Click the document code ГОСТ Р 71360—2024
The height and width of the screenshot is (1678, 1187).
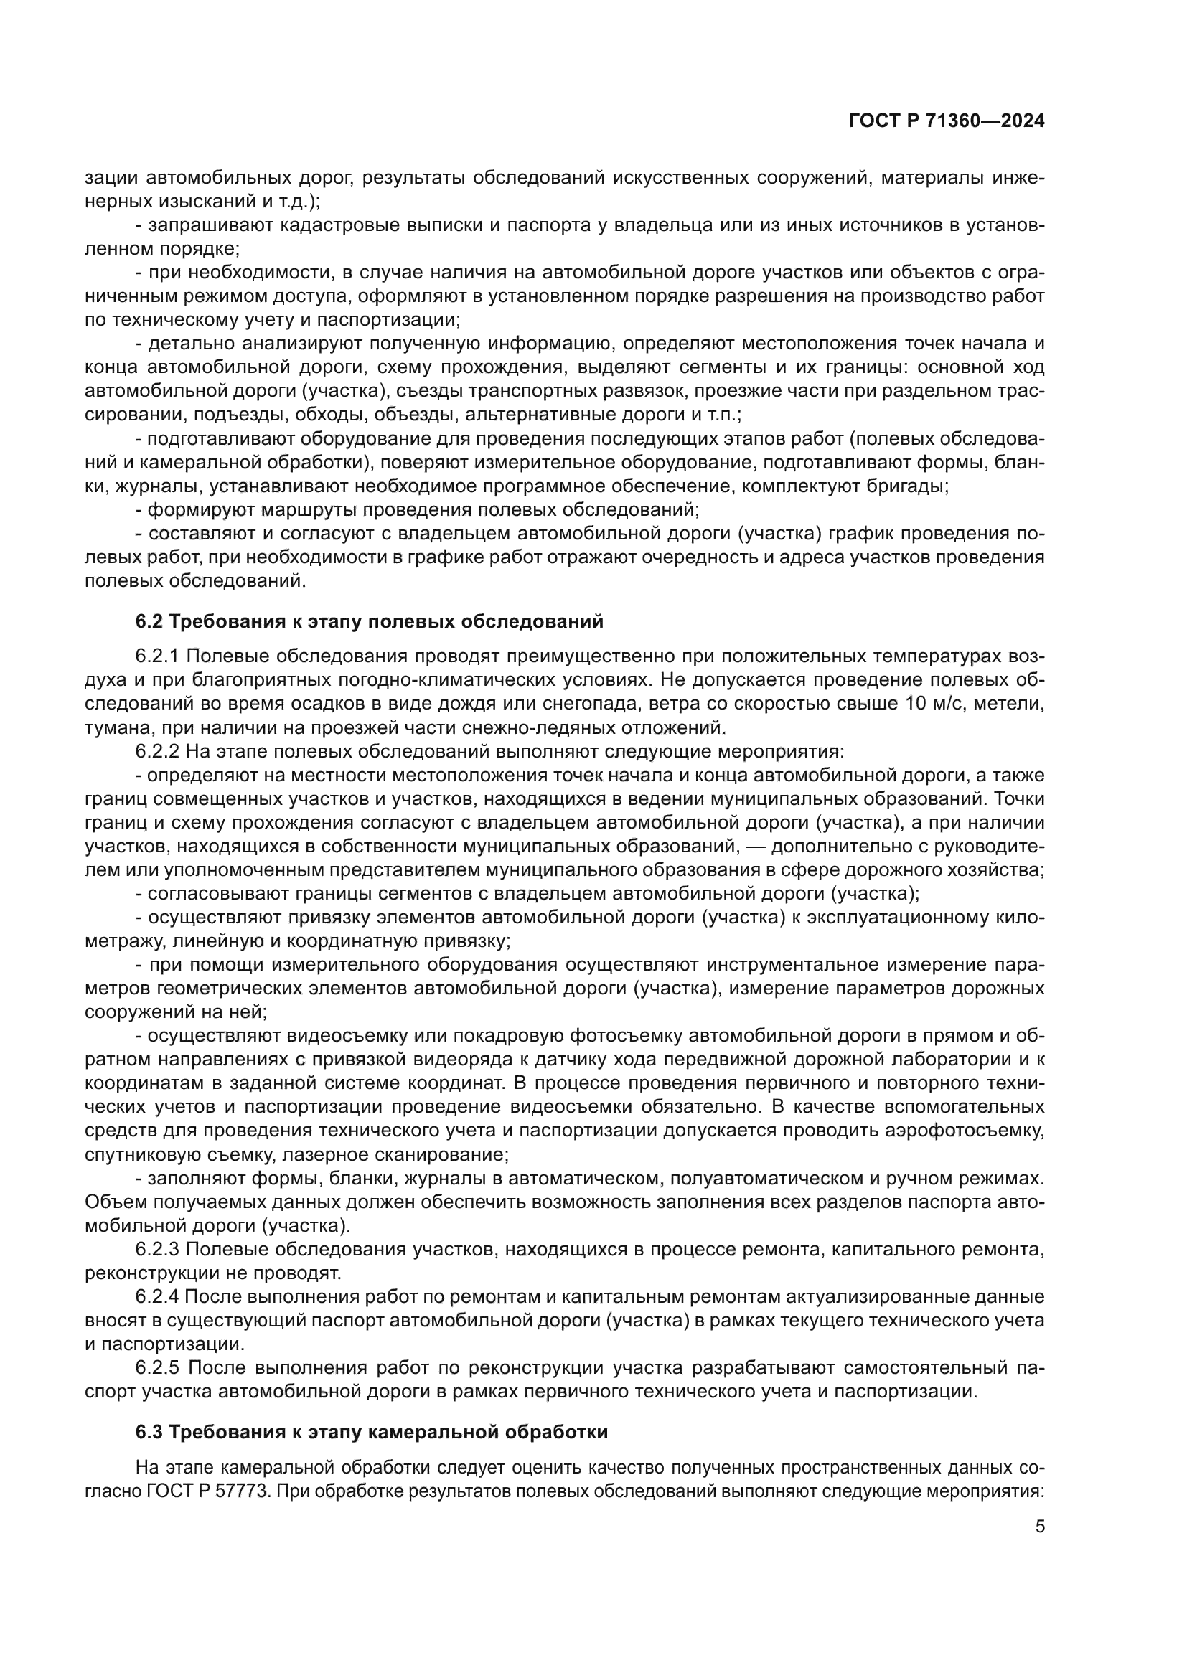tap(946, 121)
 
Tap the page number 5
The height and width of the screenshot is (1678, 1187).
tap(1039, 1526)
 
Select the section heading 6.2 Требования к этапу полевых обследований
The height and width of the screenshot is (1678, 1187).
tap(369, 621)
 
